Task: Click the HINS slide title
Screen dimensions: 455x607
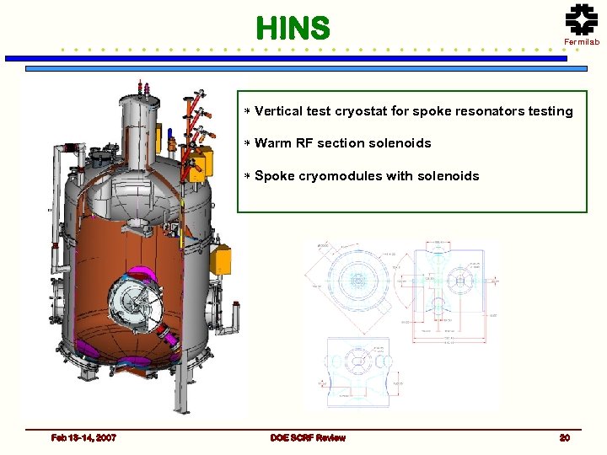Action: point(293,29)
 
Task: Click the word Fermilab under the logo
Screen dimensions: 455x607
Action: point(582,42)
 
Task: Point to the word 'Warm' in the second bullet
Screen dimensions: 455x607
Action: point(272,143)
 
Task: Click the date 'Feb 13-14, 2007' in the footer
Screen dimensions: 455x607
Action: point(83,437)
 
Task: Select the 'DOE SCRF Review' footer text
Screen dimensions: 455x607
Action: point(308,437)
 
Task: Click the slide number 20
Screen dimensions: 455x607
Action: point(564,437)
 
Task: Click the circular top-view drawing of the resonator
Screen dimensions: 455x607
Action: point(357,283)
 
